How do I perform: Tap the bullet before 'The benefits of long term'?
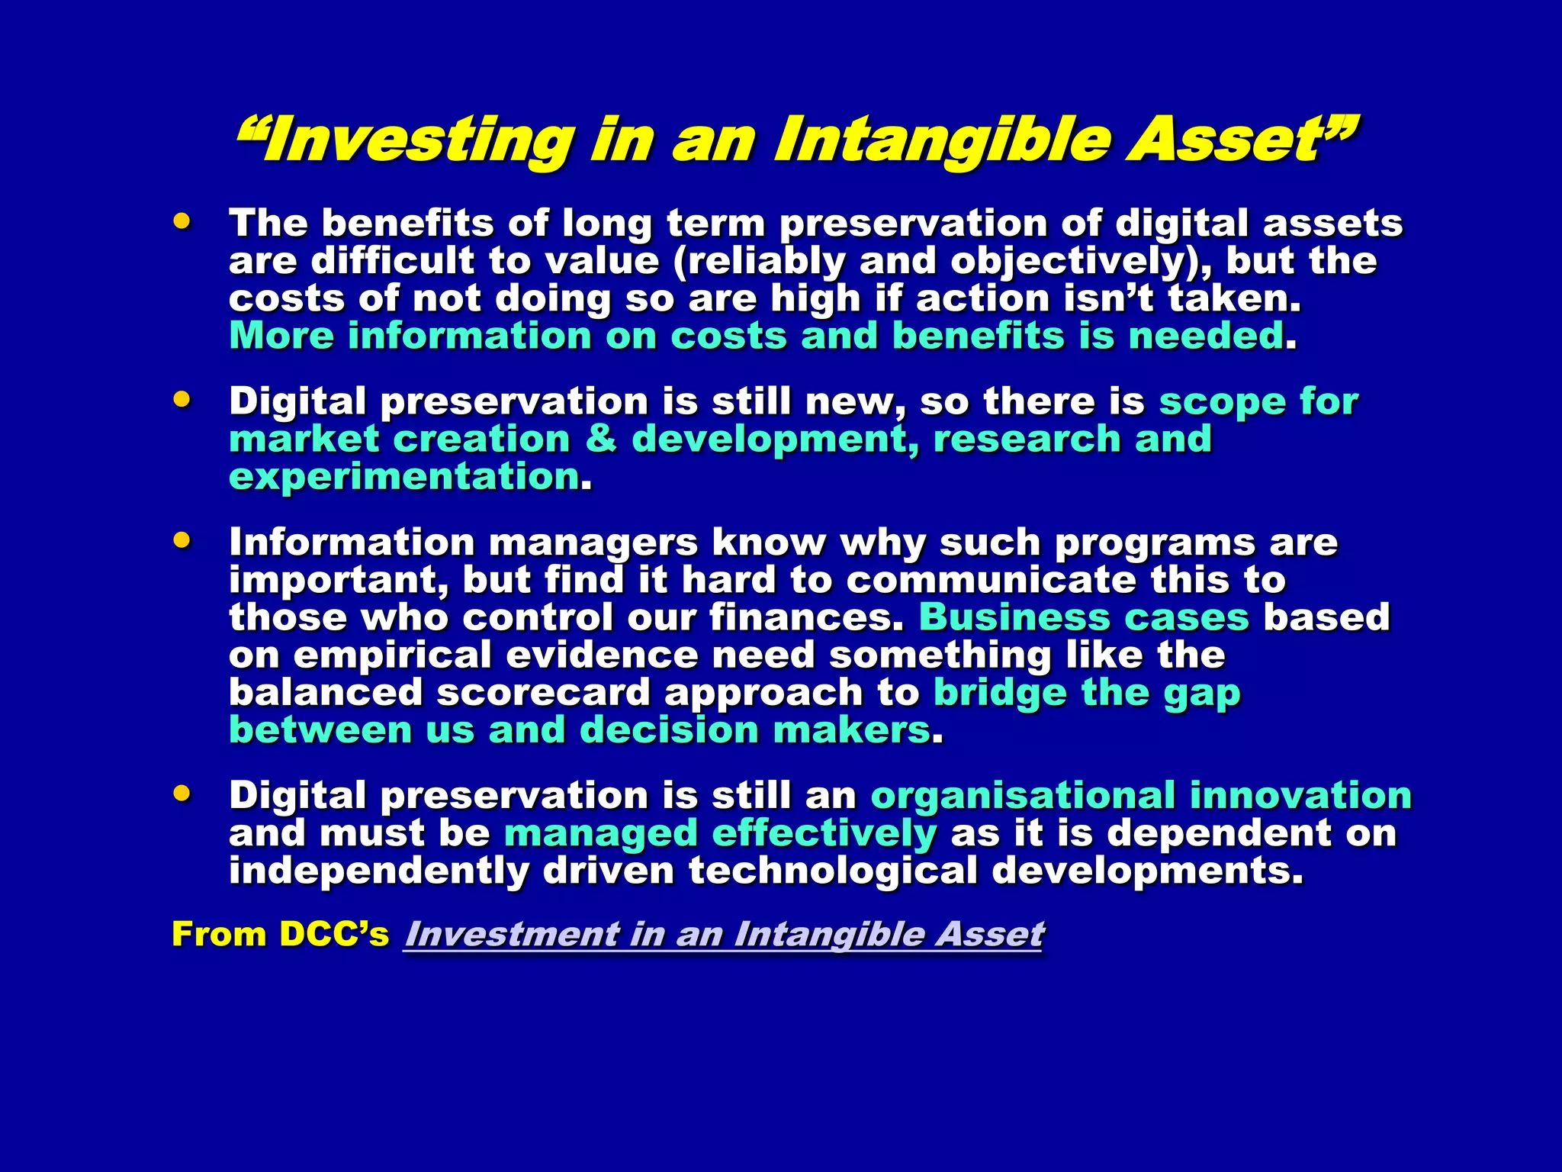(x=182, y=221)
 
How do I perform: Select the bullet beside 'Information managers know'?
(x=182, y=540)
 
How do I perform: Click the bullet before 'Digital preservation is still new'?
(x=182, y=399)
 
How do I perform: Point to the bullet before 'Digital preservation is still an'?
(x=182, y=793)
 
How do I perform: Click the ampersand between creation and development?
(x=602, y=439)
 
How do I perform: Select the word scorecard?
(x=543, y=693)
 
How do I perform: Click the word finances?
(x=805, y=617)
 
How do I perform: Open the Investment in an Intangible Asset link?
(x=724, y=934)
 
